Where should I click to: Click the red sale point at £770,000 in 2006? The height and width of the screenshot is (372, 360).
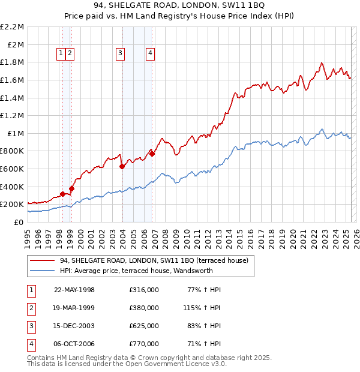click(152, 154)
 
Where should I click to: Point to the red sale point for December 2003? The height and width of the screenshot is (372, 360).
click(122, 167)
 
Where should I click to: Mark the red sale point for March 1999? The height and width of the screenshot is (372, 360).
click(71, 188)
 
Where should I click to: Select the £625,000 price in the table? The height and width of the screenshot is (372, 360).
click(144, 326)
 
